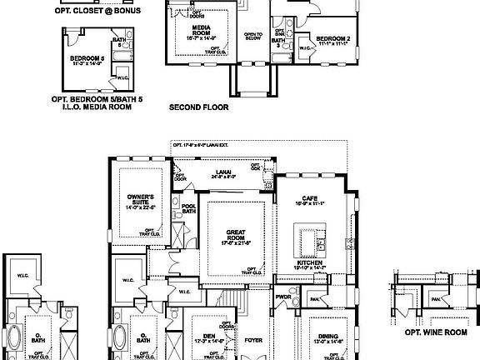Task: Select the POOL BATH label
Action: click(188, 208)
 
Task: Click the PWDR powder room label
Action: click(282, 296)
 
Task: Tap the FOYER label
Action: click(253, 340)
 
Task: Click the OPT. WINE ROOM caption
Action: click(431, 332)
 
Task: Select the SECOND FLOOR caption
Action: click(198, 107)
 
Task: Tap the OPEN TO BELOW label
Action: click(253, 36)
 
